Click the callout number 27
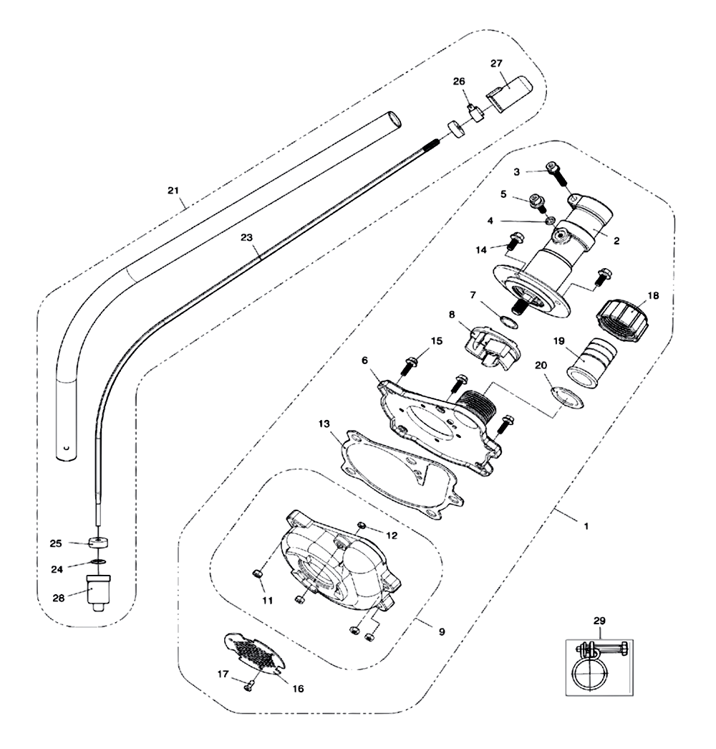point(496,64)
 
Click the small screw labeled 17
point(248,687)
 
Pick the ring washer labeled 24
point(98,561)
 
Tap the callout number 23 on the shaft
point(246,237)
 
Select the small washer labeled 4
point(550,220)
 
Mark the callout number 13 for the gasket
point(324,424)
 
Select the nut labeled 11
point(256,573)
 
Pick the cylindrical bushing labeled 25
point(98,543)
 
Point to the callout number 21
point(173,191)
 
